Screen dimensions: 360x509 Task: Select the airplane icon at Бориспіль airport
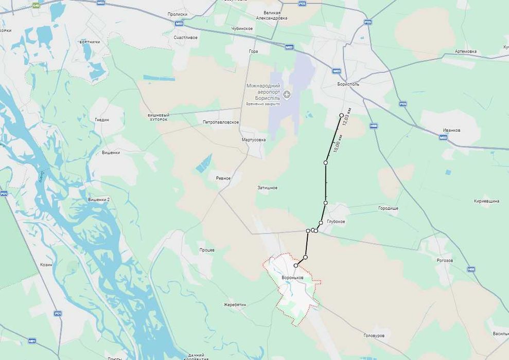pyautogui.click(x=287, y=94)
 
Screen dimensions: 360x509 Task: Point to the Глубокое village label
pyautogui.click(x=336, y=222)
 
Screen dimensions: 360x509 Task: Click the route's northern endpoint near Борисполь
pyautogui.click(x=341, y=115)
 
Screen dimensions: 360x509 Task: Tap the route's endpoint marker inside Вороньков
pyautogui.click(x=295, y=266)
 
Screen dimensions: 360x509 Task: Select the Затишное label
pyautogui.click(x=268, y=188)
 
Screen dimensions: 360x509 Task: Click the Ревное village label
pyautogui.click(x=223, y=178)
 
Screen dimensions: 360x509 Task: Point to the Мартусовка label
pyautogui.click(x=254, y=139)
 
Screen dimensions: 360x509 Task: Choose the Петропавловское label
pyautogui.click(x=221, y=122)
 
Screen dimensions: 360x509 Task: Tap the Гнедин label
pyautogui.click(x=102, y=120)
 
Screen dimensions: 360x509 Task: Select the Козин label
pyautogui.click(x=46, y=264)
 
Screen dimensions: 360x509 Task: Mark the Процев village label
pyautogui.click(x=207, y=250)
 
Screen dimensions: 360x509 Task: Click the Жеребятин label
pyautogui.click(x=235, y=304)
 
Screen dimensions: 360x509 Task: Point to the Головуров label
pyautogui.click(x=374, y=335)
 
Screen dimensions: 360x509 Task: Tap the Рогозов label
pyautogui.click(x=444, y=260)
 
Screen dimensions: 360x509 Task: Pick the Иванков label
pyautogui.click(x=451, y=130)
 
